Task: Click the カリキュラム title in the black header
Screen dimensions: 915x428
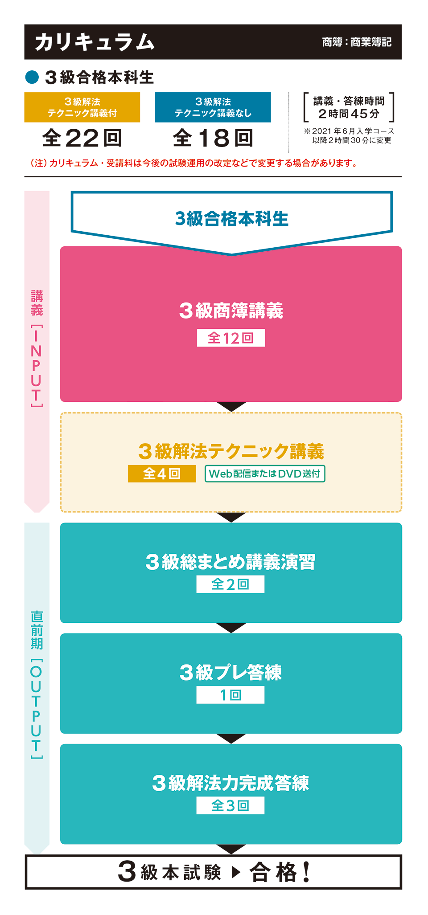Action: tap(95, 42)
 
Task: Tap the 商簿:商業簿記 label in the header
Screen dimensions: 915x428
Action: tap(356, 42)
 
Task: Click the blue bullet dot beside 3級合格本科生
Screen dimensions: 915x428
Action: tap(32, 77)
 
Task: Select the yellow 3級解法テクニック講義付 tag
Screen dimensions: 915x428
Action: tap(82, 107)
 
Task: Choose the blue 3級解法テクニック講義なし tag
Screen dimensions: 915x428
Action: tap(213, 107)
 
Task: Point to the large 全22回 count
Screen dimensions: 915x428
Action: tap(82, 138)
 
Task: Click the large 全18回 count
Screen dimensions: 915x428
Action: tap(213, 138)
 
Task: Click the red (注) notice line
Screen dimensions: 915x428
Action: tap(194, 163)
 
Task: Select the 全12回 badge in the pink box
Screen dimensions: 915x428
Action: tap(230, 338)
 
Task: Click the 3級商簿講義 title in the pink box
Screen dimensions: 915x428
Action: tap(231, 311)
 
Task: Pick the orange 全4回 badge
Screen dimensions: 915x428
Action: tap(161, 474)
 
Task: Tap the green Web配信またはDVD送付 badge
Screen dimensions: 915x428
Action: tap(265, 474)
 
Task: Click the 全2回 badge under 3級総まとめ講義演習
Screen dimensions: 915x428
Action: tap(230, 584)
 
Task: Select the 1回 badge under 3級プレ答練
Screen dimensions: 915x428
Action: tap(230, 695)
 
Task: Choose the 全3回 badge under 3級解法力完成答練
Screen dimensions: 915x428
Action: tap(230, 805)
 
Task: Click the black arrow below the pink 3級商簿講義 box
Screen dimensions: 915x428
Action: tap(231, 406)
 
